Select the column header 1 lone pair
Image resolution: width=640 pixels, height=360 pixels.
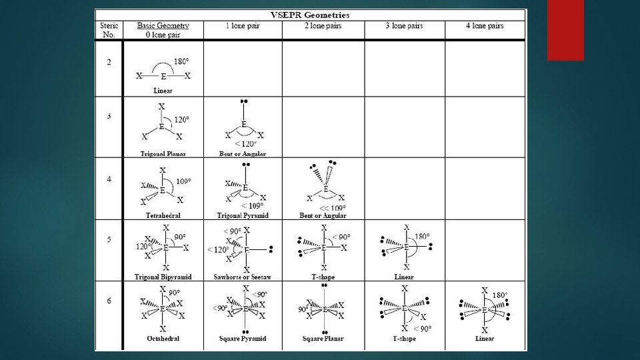243,26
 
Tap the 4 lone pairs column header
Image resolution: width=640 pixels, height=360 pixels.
485,26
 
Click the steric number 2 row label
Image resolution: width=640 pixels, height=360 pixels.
109,63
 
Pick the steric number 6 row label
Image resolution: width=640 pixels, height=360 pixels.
109,300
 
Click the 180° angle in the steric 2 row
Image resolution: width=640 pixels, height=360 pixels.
181,62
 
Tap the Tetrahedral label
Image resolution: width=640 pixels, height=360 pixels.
163,215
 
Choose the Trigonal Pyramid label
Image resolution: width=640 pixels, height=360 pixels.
243,215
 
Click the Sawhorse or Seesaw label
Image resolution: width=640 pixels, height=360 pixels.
243,277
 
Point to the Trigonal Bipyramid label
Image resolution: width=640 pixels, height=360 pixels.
163,277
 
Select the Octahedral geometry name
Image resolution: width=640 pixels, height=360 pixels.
163,339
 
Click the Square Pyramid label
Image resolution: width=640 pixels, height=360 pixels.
243,339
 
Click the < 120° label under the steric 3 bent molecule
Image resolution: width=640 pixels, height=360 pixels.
245,143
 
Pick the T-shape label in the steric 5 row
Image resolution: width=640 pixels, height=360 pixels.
324,277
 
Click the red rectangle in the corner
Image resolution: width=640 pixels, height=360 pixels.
565,30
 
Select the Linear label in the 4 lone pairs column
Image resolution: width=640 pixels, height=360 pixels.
485,339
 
